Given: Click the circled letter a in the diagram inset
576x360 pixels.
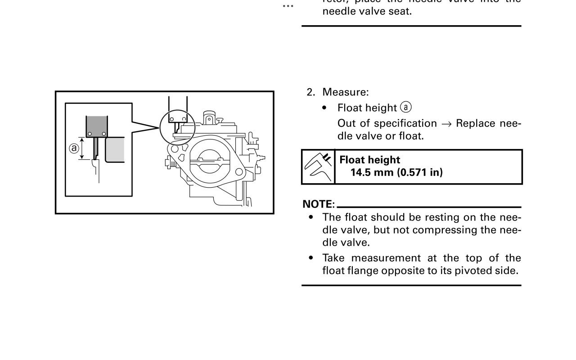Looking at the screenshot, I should [74, 148].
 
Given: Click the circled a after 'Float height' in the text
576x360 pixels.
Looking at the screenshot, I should [406, 108].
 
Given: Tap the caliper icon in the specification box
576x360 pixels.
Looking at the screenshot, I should [318, 167].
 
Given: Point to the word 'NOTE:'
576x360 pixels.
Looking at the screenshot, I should [319, 204].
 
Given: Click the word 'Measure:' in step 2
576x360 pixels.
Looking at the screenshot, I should [346, 92].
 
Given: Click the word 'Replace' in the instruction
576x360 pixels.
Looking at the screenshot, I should [475, 123].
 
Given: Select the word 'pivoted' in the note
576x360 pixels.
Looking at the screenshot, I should [473, 271].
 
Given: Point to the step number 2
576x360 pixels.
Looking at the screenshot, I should [310, 92].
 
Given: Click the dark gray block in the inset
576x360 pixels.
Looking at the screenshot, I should [97, 124].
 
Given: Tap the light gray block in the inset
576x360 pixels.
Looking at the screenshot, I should [115, 150].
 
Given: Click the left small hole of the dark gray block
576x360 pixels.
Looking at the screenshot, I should [90, 134].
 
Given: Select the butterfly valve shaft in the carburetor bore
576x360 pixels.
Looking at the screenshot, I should [207, 160].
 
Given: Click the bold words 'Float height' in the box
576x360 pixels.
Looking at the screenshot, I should [369, 160].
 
